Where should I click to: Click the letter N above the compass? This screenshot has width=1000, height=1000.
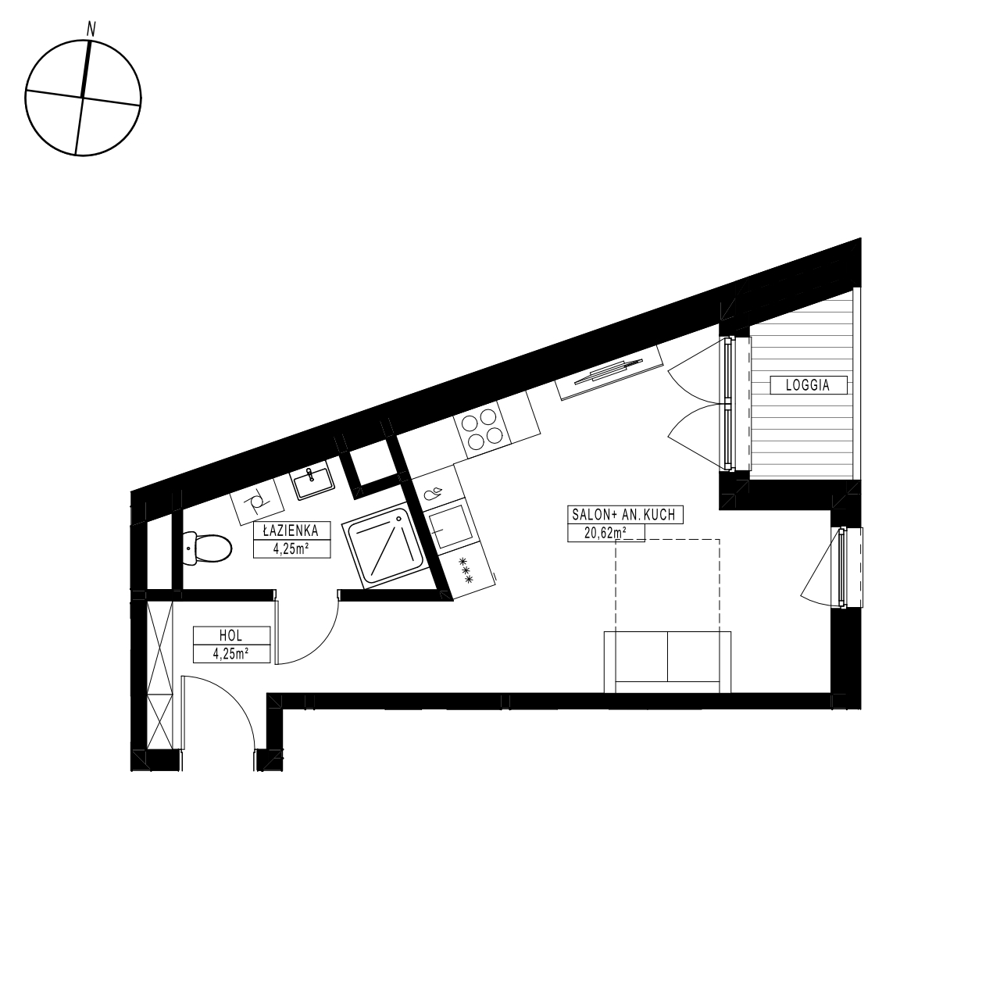(91, 29)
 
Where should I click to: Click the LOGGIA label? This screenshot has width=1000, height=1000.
(808, 384)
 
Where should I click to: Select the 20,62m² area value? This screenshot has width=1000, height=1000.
(606, 533)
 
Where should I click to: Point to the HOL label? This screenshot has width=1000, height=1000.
(232, 636)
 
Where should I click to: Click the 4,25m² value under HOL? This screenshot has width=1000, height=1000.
(231, 654)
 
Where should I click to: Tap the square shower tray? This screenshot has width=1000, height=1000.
(382, 548)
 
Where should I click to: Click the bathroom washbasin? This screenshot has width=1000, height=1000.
(312, 483)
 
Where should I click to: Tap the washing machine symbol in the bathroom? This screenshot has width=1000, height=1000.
(255, 504)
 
